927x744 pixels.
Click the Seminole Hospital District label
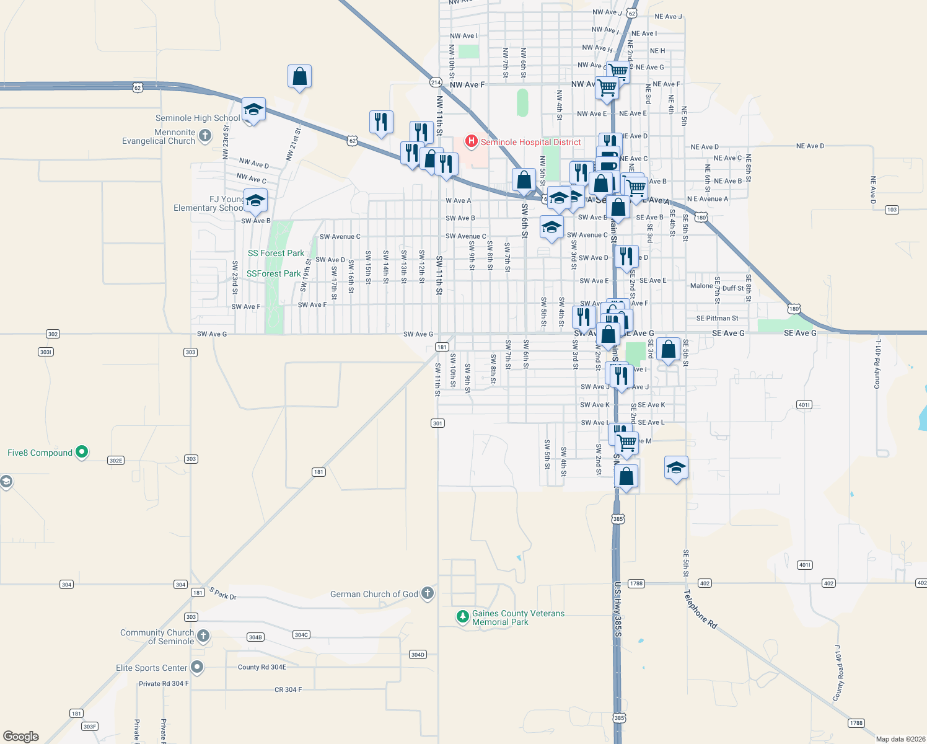530,142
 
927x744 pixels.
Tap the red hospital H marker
472,142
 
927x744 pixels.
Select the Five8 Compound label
40,453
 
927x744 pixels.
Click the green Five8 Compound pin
82,453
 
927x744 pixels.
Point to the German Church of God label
374,594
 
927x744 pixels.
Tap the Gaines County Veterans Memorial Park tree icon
462,616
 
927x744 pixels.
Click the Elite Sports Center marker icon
197,667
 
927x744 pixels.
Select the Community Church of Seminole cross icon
203,635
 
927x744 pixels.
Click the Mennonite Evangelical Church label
159,136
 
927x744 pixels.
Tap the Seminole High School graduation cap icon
253,110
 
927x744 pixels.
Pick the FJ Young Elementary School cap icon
255,201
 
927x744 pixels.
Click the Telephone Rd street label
700,609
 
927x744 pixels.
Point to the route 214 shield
436,82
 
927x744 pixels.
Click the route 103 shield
892,210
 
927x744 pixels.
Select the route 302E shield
116,461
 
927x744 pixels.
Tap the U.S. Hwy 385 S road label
618,609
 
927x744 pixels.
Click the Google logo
21,736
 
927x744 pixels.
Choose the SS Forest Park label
276,253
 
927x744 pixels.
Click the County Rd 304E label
262,667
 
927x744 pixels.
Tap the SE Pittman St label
717,318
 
